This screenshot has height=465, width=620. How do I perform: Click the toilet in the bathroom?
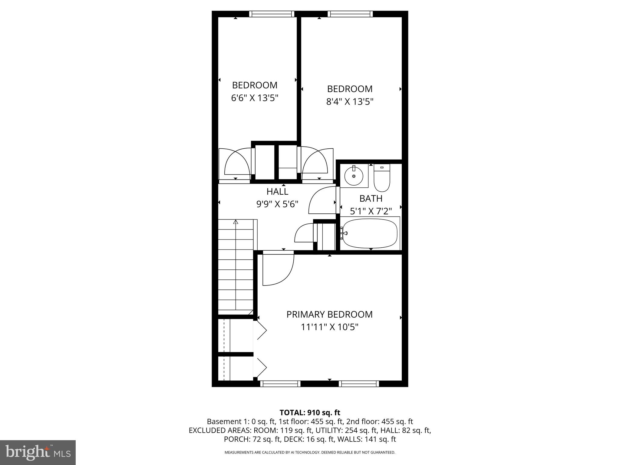pyautogui.click(x=382, y=178)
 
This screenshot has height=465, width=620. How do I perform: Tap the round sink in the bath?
pyautogui.click(x=354, y=176)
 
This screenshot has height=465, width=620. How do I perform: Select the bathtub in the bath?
pyautogui.click(x=370, y=233)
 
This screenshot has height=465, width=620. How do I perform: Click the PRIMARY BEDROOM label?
pyautogui.click(x=329, y=315)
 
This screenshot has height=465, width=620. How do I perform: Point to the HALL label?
pyautogui.click(x=277, y=192)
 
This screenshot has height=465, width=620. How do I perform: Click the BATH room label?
pyautogui.click(x=371, y=199)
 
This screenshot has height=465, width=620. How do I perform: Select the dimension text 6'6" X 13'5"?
pyautogui.click(x=255, y=98)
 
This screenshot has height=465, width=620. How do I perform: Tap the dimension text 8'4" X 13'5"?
pyautogui.click(x=350, y=101)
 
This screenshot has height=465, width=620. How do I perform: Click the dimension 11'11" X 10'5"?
pyautogui.click(x=329, y=327)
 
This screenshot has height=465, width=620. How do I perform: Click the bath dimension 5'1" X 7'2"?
pyautogui.click(x=371, y=211)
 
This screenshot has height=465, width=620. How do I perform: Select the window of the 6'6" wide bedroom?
pyautogui.click(x=272, y=14)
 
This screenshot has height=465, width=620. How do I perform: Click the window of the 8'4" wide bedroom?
pyautogui.click(x=350, y=14)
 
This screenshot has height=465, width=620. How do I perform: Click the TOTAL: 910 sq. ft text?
pyautogui.click(x=310, y=413)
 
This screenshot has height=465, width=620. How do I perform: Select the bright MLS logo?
pyautogui.click(x=38, y=452)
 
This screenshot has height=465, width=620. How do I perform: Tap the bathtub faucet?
pyautogui.click(x=344, y=233)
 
